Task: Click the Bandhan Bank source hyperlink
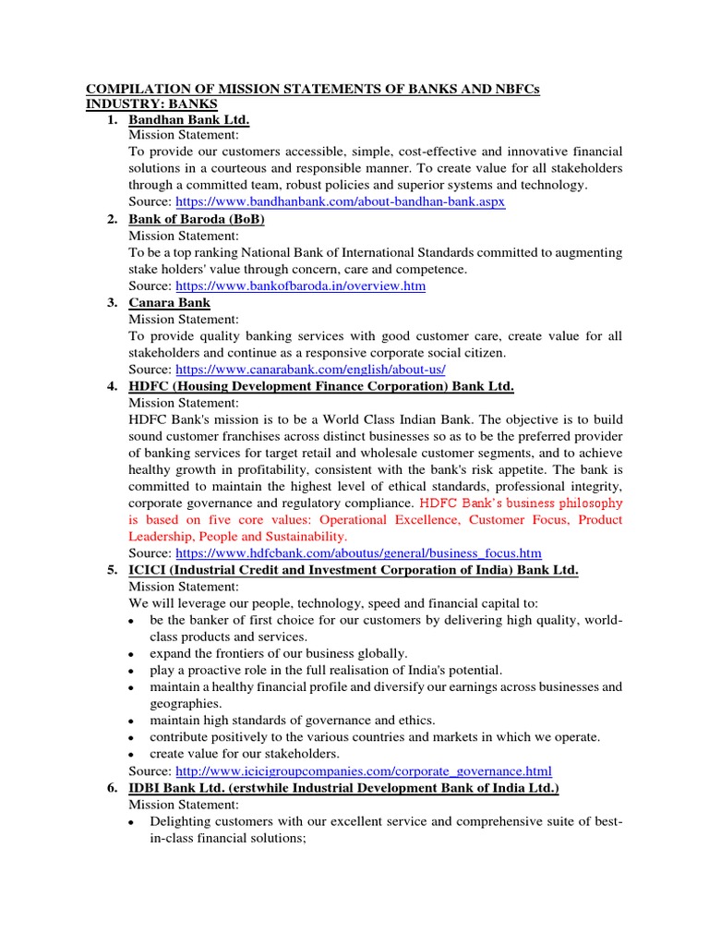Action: click(340, 201)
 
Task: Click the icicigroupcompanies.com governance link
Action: click(363, 770)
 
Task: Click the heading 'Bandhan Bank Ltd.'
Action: click(189, 120)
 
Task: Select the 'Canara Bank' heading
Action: click(169, 302)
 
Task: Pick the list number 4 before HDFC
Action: click(112, 386)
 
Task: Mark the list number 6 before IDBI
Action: click(112, 787)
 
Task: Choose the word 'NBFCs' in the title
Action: click(515, 89)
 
